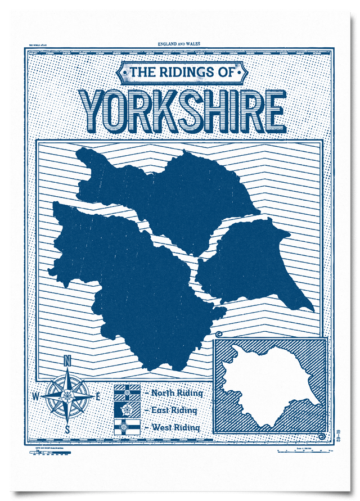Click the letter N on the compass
click(67, 360)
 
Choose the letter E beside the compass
click(98, 396)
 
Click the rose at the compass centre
click(67, 396)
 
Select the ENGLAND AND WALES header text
click(180, 43)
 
